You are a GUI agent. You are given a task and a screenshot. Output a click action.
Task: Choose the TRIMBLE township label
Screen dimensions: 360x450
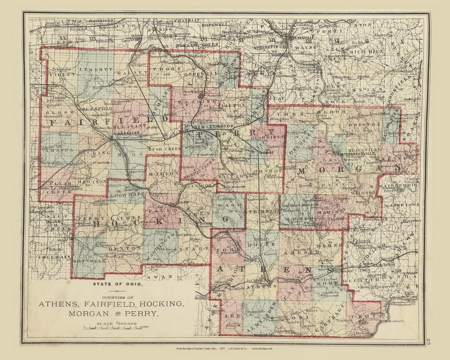pyautogui.click(x=262, y=212)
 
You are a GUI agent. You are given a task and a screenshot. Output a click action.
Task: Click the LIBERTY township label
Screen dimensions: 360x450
pyautogui.click(x=96, y=69)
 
